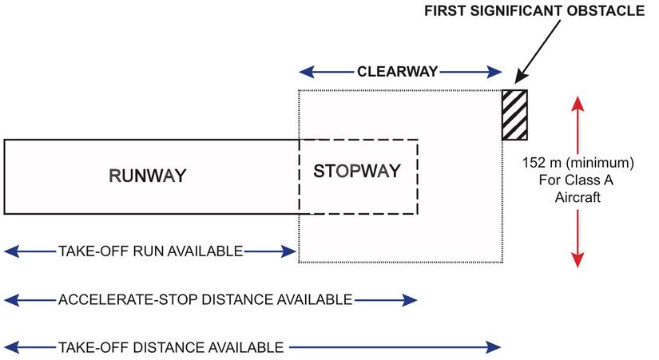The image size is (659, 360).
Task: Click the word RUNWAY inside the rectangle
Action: click(x=148, y=176)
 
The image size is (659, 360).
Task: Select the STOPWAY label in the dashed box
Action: click(x=355, y=171)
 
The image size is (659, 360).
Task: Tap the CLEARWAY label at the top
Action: click(x=398, y=72)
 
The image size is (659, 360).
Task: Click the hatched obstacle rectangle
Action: click(x=514, y=115)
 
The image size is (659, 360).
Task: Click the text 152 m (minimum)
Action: click(x=578, y=162)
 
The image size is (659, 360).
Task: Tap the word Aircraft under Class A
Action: click(x=578, y=196)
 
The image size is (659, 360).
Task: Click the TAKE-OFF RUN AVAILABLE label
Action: click(x=150, y=251)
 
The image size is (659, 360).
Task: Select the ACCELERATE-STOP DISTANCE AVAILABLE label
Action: click(x=205, y=300)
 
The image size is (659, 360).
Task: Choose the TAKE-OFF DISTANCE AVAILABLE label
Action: click(x=171, y=347)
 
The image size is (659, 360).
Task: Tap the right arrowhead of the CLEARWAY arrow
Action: click(x=494, y=72)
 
